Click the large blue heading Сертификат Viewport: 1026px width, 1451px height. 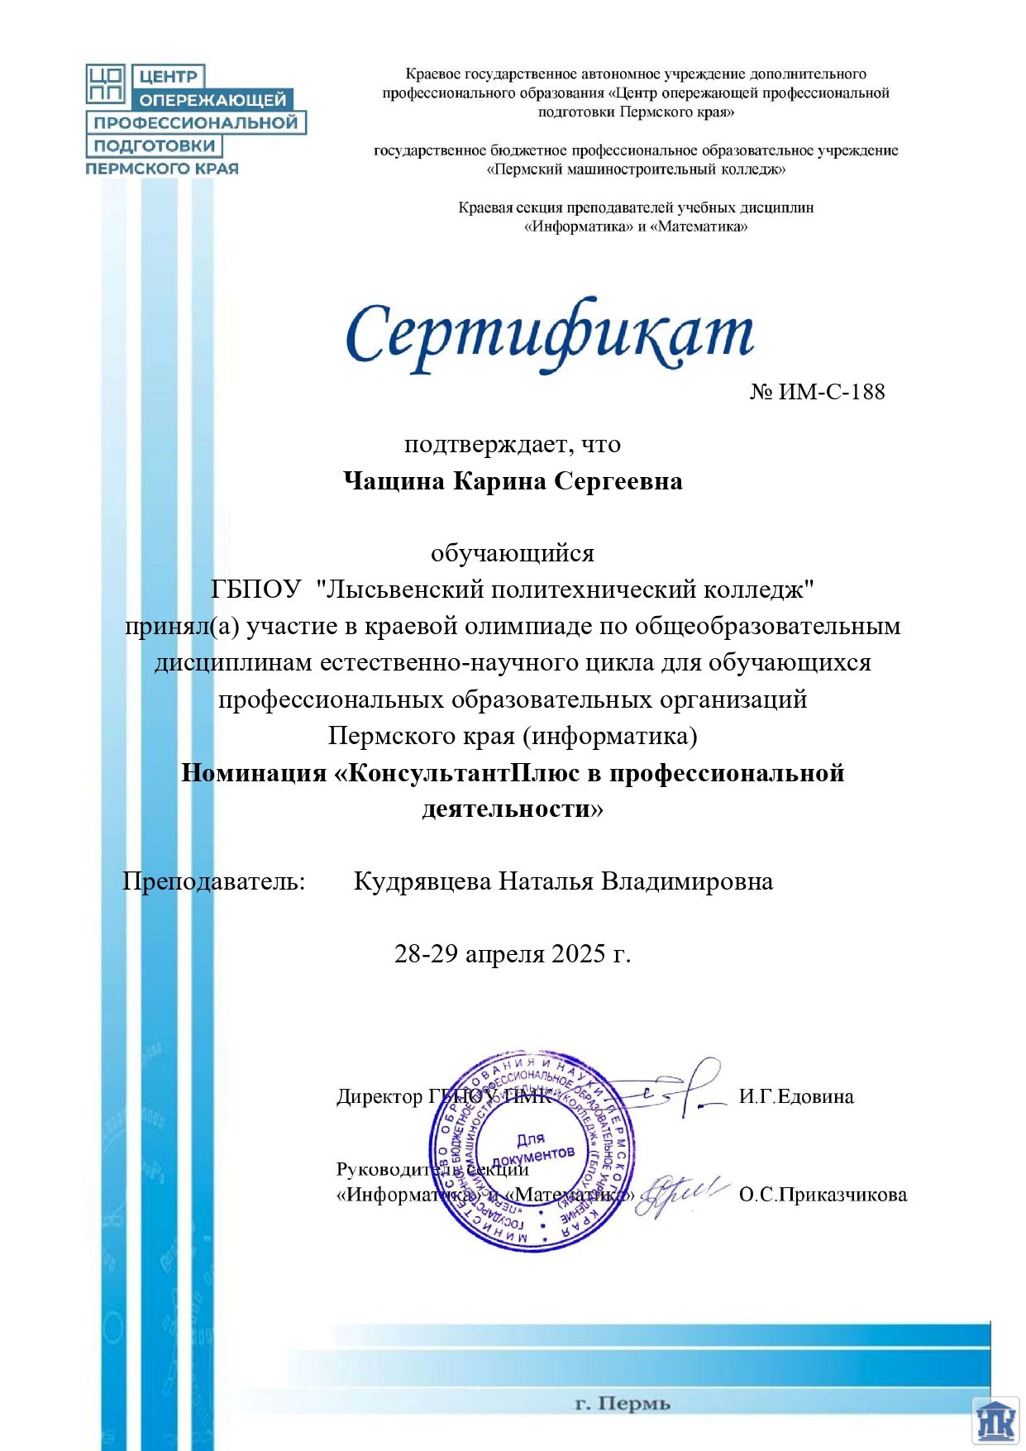pos(548,335)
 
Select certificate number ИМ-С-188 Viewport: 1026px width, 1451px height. pos(830,391)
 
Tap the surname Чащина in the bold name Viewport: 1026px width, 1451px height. pos(394,481)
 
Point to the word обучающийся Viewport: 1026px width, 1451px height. pos(513,553)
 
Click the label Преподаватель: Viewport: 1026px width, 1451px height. pos(214,881)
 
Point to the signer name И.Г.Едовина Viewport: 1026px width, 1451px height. pos(796,1097)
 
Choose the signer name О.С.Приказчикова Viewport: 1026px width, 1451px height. pos(823,1195)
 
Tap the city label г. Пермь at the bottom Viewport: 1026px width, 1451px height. pos(623,1404)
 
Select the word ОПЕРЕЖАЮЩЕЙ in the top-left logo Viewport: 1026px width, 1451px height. pos(212,100)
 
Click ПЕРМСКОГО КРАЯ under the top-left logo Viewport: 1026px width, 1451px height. pos(162,169)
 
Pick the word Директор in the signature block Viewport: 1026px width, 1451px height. pos(379,1097)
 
